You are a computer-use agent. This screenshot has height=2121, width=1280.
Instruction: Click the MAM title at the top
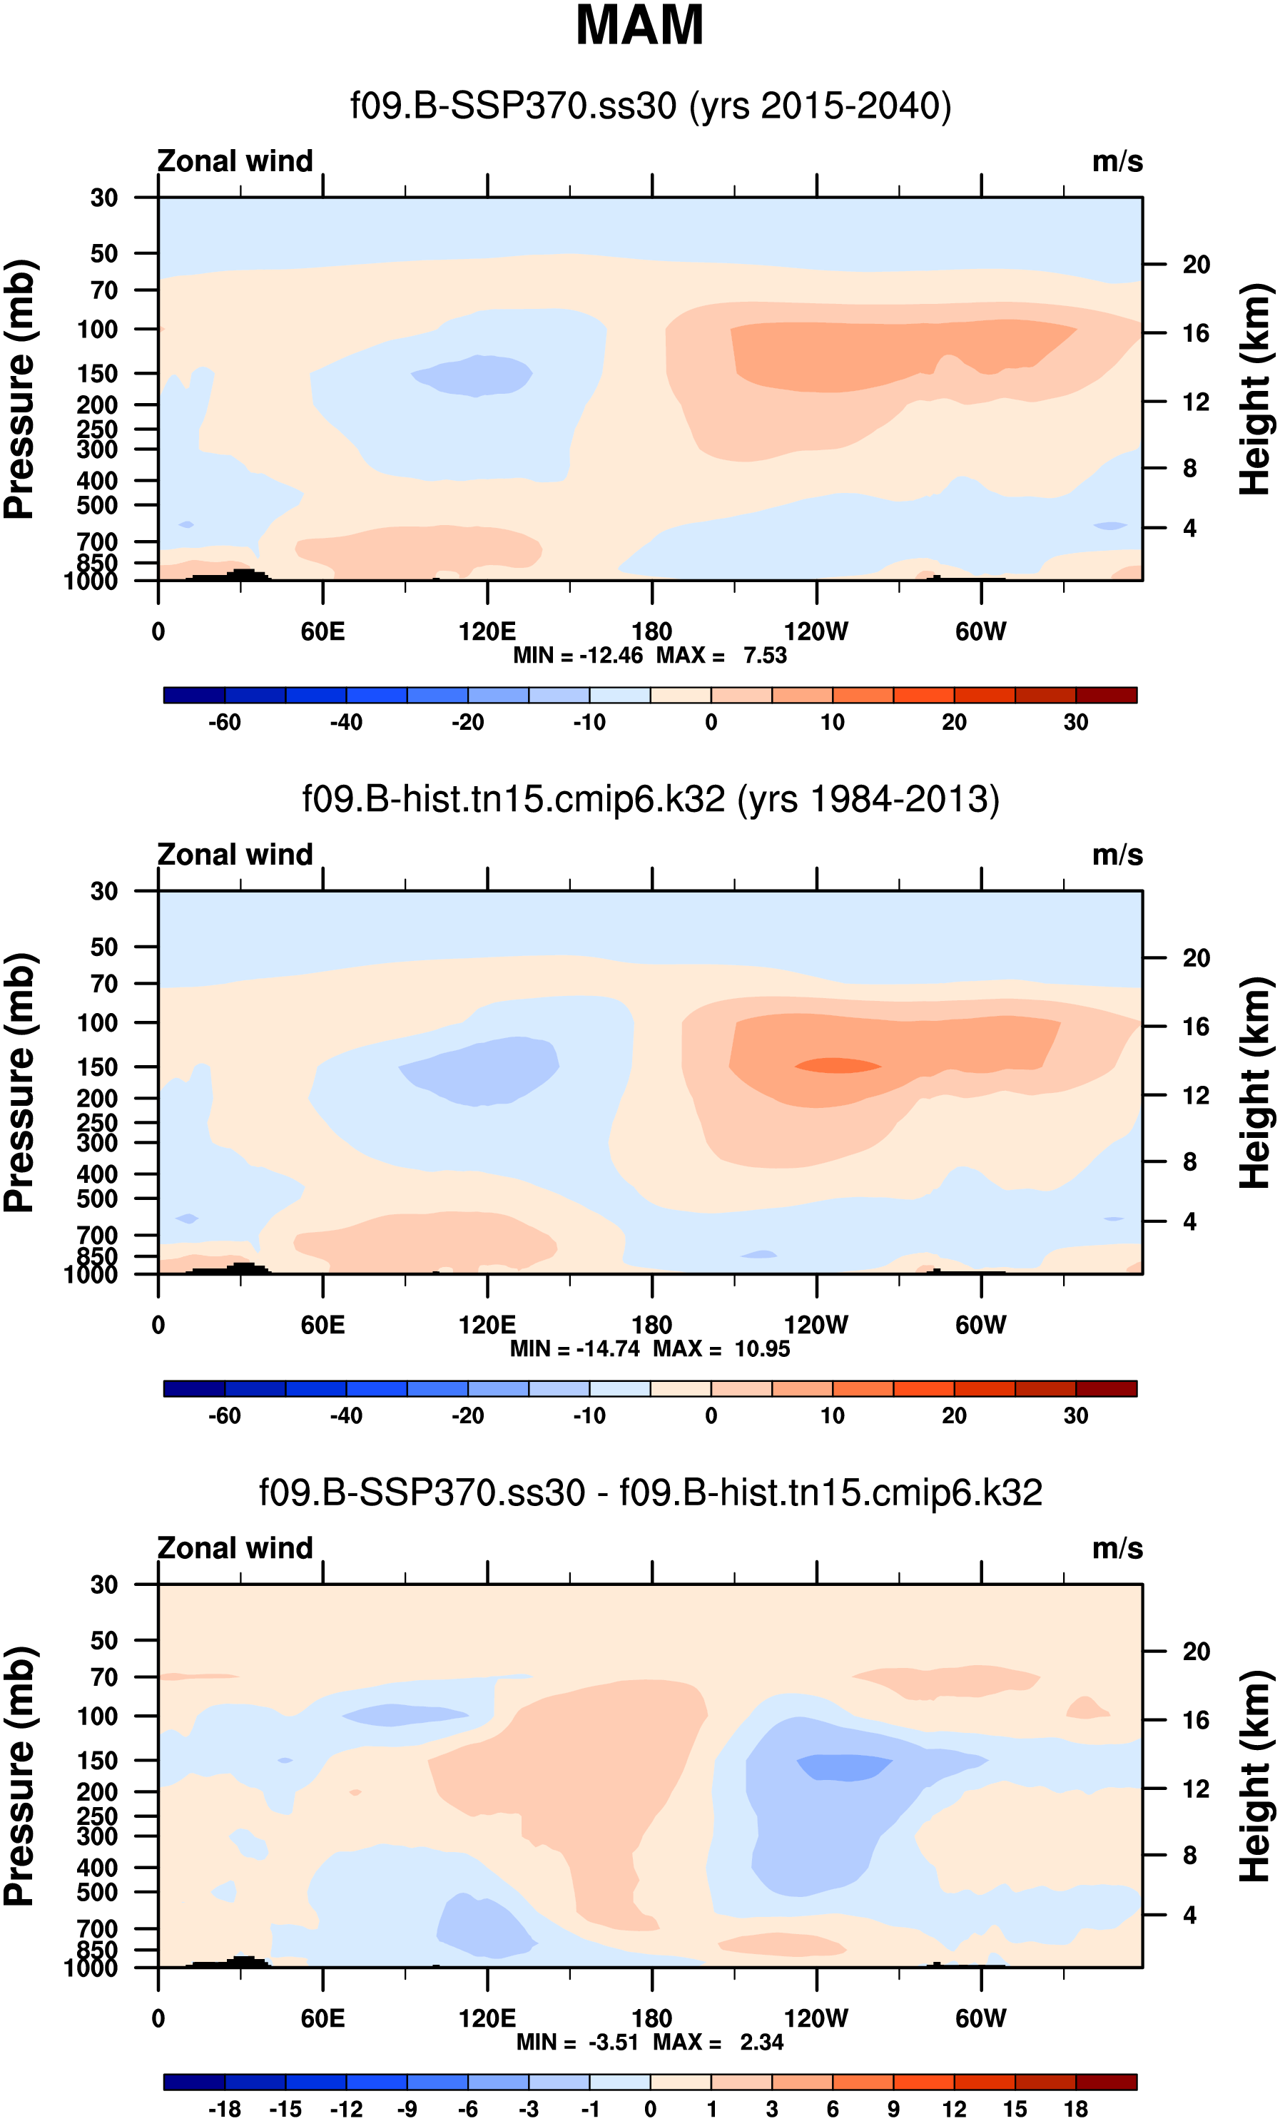[x=639, y=26]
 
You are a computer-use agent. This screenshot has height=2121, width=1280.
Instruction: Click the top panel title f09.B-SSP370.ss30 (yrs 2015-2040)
[x=650, y=106]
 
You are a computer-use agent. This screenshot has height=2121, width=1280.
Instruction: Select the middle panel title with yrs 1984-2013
[x=650, y=800]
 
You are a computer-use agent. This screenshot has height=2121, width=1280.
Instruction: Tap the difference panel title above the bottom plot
[x=650, y=1492]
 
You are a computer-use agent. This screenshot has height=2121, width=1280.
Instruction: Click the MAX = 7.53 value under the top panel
[x=721, y=656]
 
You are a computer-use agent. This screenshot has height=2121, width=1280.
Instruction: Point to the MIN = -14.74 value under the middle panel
[x=574, y=1349]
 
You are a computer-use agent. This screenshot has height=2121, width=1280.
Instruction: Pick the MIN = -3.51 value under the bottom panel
[x=576, y=2042]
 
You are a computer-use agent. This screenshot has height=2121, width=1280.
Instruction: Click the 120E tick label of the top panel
[x=487, y=632]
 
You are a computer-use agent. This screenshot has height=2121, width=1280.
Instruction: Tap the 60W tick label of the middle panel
[x=980, y=1325]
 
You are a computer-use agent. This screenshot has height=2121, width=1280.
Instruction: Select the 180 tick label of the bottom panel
[x=651, y=2018]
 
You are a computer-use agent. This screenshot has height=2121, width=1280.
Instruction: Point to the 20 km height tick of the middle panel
[x=1196, y=958]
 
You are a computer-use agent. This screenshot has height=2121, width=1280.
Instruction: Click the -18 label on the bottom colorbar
[x=225, y=2108]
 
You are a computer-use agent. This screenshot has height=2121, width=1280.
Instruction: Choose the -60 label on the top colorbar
[x=225, y=722]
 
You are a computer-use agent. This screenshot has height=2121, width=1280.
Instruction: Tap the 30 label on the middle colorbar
[x=1075, y=1415]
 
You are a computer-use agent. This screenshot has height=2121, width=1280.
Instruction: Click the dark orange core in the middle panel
[x=837, y=1066]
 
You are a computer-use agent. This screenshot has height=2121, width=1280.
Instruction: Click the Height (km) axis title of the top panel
[x=1255, y=389]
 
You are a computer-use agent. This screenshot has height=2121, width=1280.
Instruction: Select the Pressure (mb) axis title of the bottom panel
[x=19, y=1776]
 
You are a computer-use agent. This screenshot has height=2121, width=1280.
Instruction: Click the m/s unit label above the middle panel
[x=1117, y=855]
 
